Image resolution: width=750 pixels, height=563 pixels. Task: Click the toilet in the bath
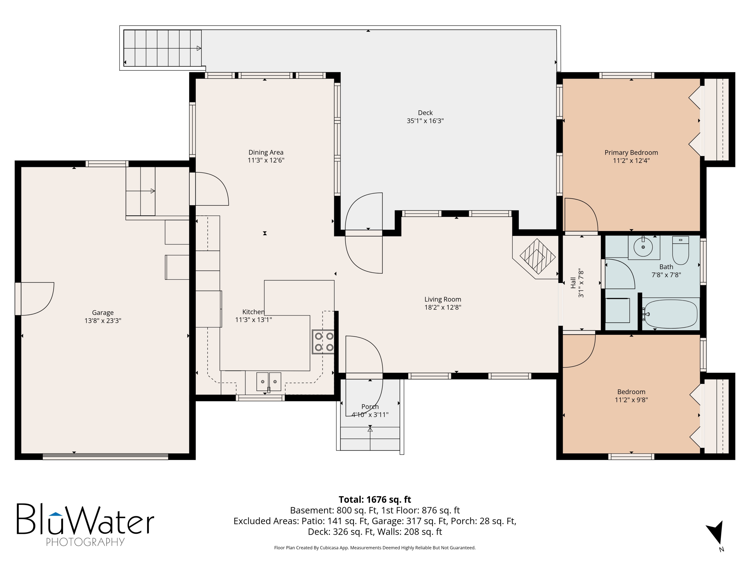[x=680, y=250]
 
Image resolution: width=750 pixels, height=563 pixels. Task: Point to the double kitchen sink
[x=269, y=381]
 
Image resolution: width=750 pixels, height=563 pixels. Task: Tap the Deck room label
[x=425, y=113]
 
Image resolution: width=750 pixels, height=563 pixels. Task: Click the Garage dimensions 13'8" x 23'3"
[x=103, y=321]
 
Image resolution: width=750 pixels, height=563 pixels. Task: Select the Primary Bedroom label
[x=631, y=153]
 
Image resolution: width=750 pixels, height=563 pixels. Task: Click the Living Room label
[x=443, y=299]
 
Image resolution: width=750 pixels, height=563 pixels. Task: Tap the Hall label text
[x=573, y=283]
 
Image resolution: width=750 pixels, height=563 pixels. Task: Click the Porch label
[x=370, y=407]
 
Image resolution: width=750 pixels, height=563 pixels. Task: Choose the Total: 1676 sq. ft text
[x=375, y=499]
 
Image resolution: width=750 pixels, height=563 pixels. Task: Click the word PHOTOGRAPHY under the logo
[x=85, y=542]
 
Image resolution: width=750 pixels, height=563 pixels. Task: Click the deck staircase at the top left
[x=162, y=48]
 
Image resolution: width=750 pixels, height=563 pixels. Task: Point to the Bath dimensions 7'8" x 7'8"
[x=666, y=275]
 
